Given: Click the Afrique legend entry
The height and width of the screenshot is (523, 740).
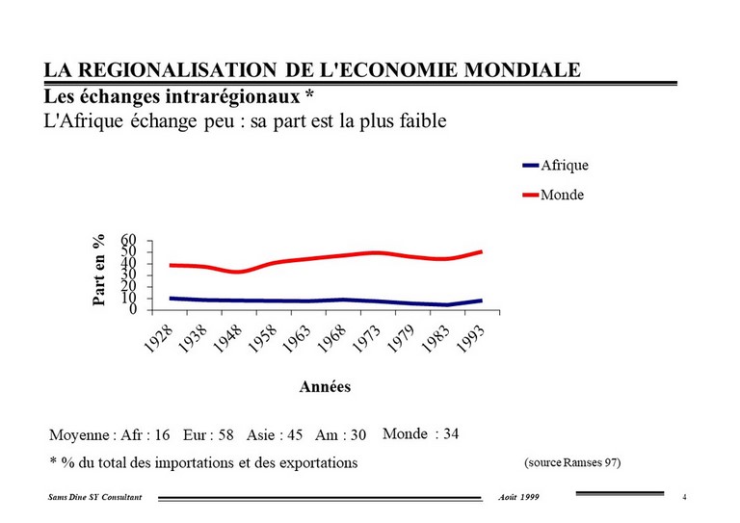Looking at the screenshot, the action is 555,165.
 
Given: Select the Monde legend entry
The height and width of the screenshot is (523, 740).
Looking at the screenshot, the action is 553,195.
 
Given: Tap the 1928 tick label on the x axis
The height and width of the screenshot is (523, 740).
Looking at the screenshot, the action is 158,340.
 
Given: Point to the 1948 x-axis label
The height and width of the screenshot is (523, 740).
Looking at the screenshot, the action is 227,340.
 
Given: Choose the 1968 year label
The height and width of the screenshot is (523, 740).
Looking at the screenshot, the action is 331,340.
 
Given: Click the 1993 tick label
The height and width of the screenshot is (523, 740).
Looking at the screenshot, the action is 470,340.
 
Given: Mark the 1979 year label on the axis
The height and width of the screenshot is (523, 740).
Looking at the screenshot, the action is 401,340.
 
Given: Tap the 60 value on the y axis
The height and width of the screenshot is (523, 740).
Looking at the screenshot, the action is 128,240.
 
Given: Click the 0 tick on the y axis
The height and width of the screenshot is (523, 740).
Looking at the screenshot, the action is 133,309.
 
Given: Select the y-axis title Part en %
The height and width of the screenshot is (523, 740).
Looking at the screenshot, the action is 98,271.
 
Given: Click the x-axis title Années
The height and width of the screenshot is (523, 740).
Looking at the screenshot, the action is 325,386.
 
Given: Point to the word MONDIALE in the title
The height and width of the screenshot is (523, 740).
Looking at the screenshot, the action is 522,69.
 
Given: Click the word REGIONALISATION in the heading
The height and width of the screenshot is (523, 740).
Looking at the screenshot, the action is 177,69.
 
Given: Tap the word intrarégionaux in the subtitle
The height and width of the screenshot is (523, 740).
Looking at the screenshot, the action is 232,96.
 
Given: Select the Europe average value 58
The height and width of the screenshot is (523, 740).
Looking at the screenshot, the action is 225,434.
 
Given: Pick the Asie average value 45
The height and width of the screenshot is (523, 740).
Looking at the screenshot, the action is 294,434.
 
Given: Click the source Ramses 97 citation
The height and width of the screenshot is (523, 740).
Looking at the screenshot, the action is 572,462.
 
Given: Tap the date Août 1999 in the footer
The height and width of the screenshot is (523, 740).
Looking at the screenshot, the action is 518,497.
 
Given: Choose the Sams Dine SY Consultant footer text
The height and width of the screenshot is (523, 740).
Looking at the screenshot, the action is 94,497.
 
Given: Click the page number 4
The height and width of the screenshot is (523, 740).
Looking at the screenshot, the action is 684,497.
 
